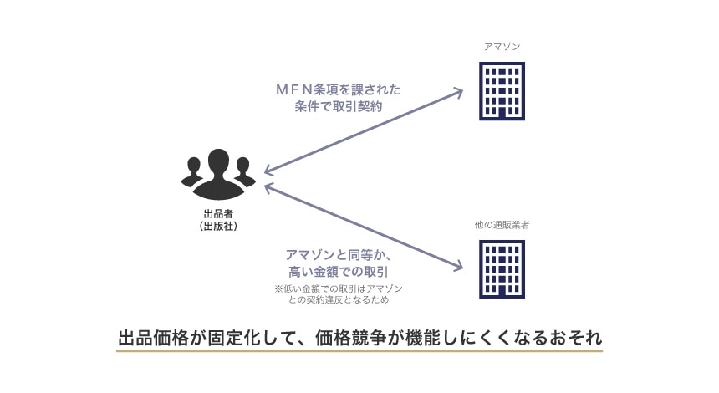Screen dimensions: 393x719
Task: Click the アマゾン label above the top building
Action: (x=502, y=46)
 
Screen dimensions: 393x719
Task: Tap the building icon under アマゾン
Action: (x=502, y=92)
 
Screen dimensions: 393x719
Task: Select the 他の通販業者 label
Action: (x=502, y=226)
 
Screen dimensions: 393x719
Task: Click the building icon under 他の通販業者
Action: (x=502, y=269)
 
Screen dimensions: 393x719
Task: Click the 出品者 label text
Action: (x=218, y=214)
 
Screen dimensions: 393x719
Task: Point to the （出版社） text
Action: (x=218, y=227)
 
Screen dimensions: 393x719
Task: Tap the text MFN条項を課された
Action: (x=339, y=89)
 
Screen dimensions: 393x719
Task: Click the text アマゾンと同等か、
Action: (x=339, y=254)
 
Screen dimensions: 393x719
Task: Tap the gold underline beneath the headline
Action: (x=359, y=351)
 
